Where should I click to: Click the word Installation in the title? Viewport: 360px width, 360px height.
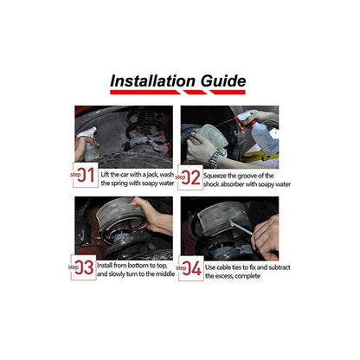point(152,81)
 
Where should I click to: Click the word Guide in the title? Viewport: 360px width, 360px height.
point(223,80)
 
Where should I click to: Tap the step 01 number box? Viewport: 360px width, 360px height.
point(86,175)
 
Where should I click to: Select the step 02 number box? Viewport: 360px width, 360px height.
point(190,177)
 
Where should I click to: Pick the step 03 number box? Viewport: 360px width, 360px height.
point(84,267)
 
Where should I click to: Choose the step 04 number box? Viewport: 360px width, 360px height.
point(191,268)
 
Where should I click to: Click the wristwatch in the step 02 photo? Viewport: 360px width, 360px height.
point(215,159)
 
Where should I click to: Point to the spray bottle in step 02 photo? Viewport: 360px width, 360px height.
point(258,133)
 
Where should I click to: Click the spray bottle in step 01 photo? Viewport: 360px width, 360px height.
point(89,145)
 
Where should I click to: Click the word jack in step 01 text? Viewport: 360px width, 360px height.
point(152,175)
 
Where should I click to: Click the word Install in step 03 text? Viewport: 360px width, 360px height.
point(105,265)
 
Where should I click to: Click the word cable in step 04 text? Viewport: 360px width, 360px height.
point(223,267)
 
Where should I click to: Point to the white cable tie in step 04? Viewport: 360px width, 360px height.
point(240,227)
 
